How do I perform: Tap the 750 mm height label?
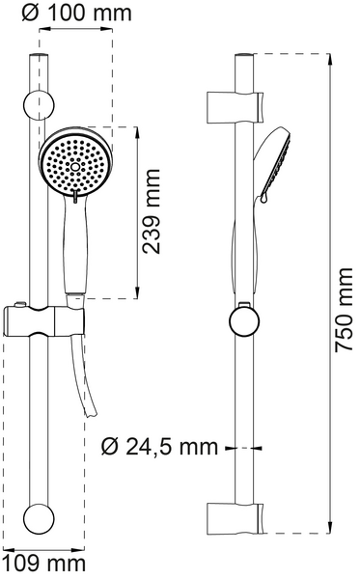coord(346,309)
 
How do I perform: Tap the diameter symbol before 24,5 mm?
coord(107,447)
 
